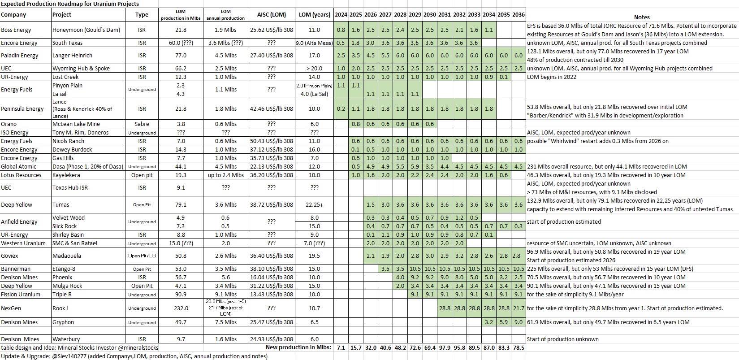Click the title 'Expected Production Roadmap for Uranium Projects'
point(70,4)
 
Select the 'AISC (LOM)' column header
point(271,15)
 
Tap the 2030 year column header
point(429,14)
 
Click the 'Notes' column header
point(642,17)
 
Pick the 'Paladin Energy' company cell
point(19,56)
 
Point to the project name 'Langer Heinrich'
point(72,56)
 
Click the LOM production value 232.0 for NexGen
point(181,308)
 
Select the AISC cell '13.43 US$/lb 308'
point(271,295)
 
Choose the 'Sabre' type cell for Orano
point(142,124)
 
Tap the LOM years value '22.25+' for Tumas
point(314,205)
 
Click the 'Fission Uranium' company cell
point(21,295)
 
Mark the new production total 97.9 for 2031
point(444,347)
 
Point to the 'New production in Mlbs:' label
point(298,347)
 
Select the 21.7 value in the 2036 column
point(518,308)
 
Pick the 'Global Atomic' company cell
point(19,167)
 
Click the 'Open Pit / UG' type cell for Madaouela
point(142,256)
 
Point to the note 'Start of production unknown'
point(562,339)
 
